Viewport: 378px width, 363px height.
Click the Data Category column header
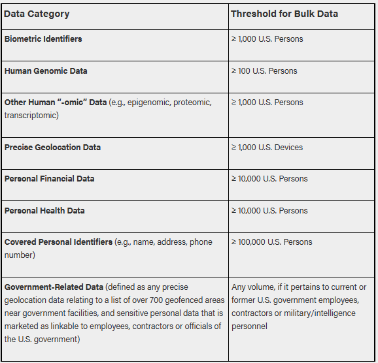[37, 14]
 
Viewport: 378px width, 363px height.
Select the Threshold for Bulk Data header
[284, 14]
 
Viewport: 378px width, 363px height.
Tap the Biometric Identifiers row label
[43, 39]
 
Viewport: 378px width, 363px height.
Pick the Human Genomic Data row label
[46, 71]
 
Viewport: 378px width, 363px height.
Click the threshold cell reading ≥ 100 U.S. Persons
[264, 71]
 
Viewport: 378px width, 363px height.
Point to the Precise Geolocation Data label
[52, 147]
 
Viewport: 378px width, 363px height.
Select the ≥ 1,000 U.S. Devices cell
[267, 147]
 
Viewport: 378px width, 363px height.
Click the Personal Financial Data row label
[49, 178]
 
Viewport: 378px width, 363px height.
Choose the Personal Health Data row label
[44, 210]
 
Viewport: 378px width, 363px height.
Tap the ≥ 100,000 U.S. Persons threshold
[271, 242]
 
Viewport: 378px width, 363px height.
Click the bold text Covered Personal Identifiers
[58, 242]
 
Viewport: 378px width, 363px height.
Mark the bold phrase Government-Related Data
[54, 287]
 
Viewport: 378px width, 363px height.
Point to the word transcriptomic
[31, 115]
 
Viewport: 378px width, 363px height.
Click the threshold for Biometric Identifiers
[267, 39]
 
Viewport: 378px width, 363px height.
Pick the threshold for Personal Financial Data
[269, 178]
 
